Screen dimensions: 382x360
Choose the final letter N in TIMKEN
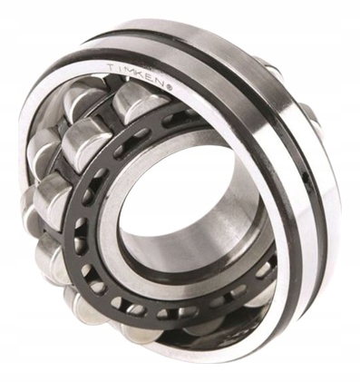pyautogui.click(x=161, y=83)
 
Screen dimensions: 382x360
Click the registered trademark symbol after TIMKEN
pyautogui.click(x=170, y=87)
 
